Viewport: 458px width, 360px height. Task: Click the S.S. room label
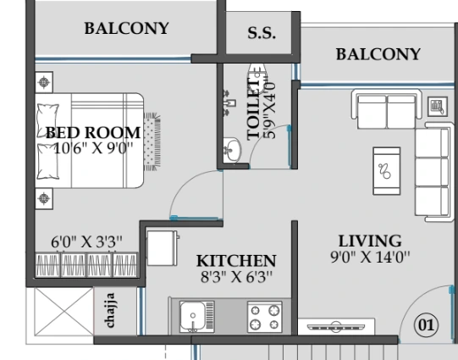coord(262,33)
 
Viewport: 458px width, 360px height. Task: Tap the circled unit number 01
coord(426,324)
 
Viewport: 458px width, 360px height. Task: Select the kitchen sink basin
coord(193,316)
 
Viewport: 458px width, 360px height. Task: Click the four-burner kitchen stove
coord(265,317)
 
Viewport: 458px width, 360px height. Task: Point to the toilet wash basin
coord(233,150)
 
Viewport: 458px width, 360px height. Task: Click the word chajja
coord(109,310)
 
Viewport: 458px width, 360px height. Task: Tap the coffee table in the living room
coord(386,171)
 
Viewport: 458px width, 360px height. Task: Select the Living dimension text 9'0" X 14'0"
coord(370,257)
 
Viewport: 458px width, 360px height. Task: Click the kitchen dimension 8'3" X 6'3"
coord(236,277)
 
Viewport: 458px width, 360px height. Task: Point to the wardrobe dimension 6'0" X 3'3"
coord(86,242)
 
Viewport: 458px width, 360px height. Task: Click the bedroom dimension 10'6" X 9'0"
coord(93,148)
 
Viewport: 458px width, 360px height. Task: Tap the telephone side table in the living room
coord(438,107)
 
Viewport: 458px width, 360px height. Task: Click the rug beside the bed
coord(152,141)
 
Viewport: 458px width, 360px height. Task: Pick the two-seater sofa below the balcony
coord(387,109)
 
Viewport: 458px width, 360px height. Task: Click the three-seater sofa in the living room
coord(433,172)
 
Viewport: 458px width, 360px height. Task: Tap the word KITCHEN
coord(236,261)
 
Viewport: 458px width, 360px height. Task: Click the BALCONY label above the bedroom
coord(126,28)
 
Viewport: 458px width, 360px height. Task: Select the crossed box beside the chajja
coord(64,311)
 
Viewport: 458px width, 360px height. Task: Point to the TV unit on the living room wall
coord(336,326)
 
